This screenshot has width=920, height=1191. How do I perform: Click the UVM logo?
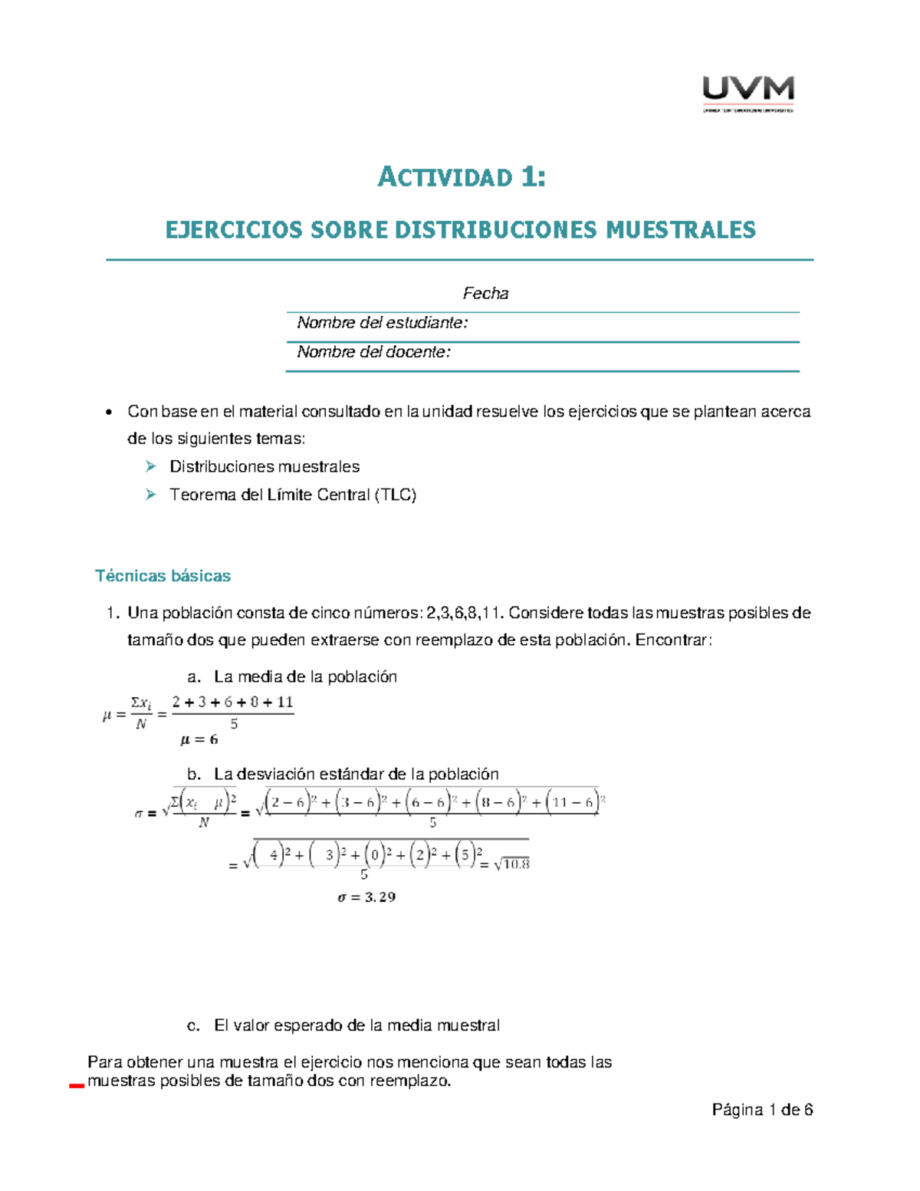tap(747, 93)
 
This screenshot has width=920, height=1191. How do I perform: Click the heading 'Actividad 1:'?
tap(462, 177)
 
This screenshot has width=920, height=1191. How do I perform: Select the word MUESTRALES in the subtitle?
tap(681, 229)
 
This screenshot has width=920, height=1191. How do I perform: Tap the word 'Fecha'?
tap(485, 293)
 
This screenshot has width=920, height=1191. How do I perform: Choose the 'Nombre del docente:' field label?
tap(374, 352)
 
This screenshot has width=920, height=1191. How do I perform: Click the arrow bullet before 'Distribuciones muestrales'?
tap(151, 466)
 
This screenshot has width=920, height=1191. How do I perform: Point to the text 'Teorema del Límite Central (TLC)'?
tap(293, 495)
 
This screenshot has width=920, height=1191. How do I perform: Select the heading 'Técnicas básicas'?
tap(163, 576)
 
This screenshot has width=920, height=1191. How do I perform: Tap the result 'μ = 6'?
tap(199, 740)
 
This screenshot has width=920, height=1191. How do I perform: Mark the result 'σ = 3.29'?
tap(366, 897)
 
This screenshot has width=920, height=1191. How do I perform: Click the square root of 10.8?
tap(512, 864)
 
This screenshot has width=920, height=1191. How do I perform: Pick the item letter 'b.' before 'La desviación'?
tap(194, 774)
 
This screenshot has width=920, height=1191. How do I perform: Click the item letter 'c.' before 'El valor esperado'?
tap(194, 1025)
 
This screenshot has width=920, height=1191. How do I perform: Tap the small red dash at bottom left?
tap(76, 1086)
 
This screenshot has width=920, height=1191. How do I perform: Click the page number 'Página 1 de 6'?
tap(762, 1110)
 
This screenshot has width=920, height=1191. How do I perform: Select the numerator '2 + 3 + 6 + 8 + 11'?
tap(232, 702)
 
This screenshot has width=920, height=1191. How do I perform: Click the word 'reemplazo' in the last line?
tap(408, 1081)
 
